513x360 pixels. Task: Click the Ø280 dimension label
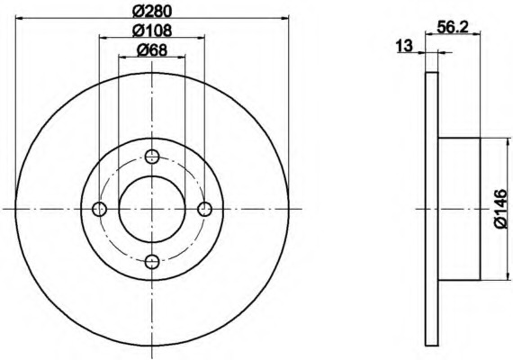pyautogui.click(x=152, y=12)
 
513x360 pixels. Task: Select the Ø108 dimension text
pyautogui.click(x=152, y=31)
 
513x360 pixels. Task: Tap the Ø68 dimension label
pyautogui.click(x=152, y=50)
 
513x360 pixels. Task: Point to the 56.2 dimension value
pyautogui.click(x=453, y=28)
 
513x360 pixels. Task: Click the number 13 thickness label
pyautogui.click(x=404, y=46)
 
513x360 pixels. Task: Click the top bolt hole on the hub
pyautogui.click(x=152, y=157)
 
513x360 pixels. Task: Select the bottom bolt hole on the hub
pyautogui.click(x=152, y=261)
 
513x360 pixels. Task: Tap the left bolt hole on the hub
pyautogui.click(x=100, y=209)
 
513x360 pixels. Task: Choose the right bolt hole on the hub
pyautogui.click(x=205, y=209)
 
